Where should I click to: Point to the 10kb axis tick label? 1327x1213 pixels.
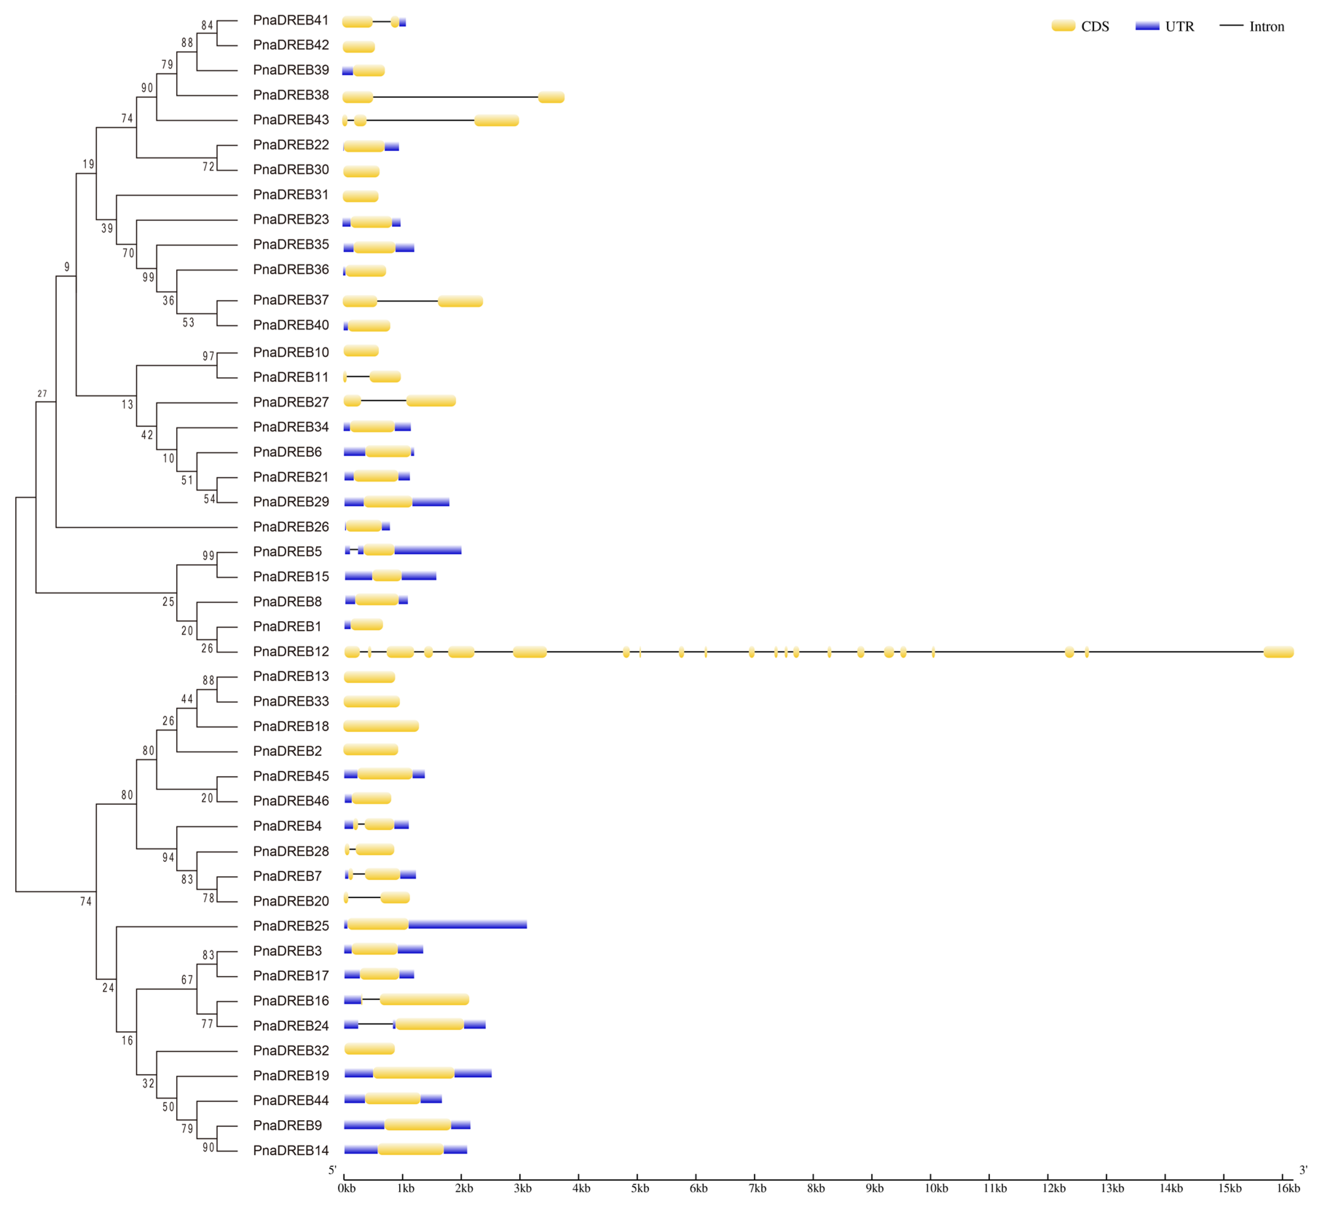point(936,1188)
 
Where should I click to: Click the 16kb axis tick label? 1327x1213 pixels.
point(1288,1188)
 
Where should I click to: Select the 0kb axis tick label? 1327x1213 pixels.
point(346,1188)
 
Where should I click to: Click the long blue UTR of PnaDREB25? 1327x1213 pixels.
point(467,925)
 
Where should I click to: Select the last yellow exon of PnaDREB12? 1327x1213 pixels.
point(1278,652)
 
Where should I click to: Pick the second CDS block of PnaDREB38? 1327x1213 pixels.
point(551,98)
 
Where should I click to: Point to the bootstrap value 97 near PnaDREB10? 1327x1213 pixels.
point(208,356)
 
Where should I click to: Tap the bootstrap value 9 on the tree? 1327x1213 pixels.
point(67,266)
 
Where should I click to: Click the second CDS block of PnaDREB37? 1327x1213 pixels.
point(460,301)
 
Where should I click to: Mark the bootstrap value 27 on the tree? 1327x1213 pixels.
point(42,393)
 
